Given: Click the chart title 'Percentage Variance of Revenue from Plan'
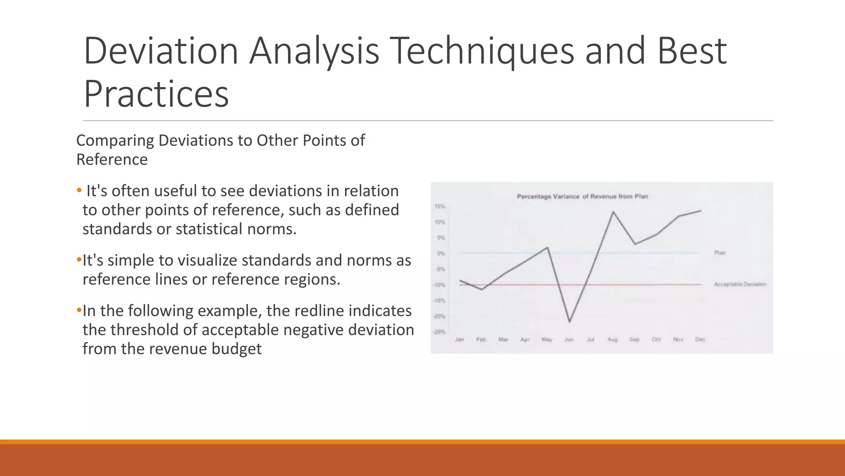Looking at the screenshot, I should pyautogui.click(x=582, y=197).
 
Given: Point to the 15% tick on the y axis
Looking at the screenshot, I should pyautogui.click(x=439, y=207).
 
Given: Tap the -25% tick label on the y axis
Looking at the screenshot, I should pyautogui.click(x=439, y=332).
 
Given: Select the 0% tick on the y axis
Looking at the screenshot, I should pyautogui.click(x=441, y=254).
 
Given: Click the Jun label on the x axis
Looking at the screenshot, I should pyautogui.click(x=569, y=340).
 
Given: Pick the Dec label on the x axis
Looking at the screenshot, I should pyautogui.click(x=700, y=340).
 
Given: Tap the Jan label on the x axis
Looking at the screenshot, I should pyautogui.click(x=459, y=340).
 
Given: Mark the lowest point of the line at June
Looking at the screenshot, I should pyautogui.click(x=569, y=321).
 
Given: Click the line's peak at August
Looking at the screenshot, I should pyautogui.click(x=613, y=212).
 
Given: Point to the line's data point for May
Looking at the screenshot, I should pyautogui.click(x=547, y=248).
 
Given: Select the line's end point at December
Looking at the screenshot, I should pyautogui.click(x=701, y=211).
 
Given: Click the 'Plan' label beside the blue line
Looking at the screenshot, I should pyautogui.click(x=720, y=253).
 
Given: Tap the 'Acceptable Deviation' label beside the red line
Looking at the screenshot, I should pyautogui.click(x=740, y=284).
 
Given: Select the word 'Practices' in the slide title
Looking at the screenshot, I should pyautogui.click(x=156, y=94).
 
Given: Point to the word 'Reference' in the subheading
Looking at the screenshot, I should pyautogui.click(x=112, y=159).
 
